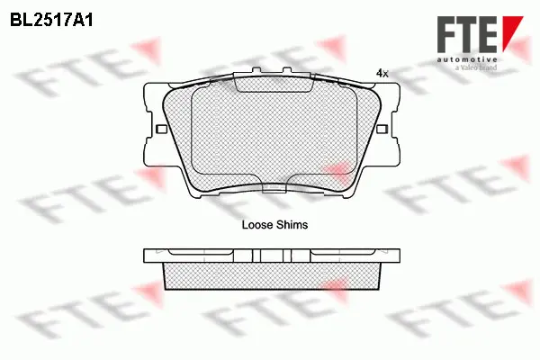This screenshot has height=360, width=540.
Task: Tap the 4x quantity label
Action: coord(382,74)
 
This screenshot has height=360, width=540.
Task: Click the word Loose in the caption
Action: coord(257,226)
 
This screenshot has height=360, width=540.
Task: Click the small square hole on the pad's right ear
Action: coord(389,131)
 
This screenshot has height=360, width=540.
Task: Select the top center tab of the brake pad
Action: coord(274,83)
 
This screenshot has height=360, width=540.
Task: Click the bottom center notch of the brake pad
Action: coord(274,188)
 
